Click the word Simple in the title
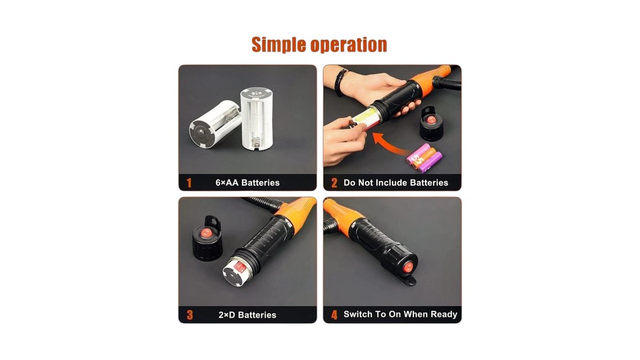(278, 45)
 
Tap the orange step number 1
(189, 183)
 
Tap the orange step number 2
(334, 183)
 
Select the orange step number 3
(190, 315)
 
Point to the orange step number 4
(334, 315)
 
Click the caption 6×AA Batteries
(247, 183)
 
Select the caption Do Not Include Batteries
(396, 183)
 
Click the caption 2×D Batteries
(247, 315)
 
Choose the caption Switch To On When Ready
(401, 314)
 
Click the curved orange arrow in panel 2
(389, 145)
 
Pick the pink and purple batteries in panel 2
(425, 158)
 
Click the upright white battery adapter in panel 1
(257, 119)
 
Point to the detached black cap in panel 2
(431, 123)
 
